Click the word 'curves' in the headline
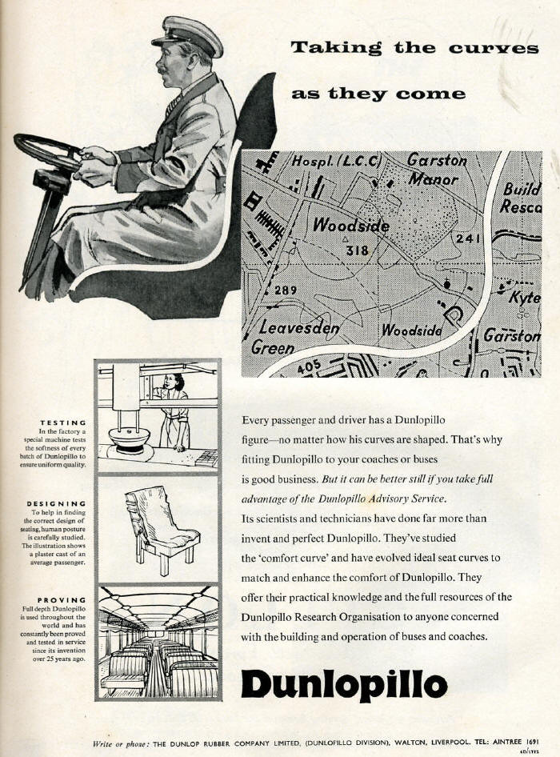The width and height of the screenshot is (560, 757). point(493,48)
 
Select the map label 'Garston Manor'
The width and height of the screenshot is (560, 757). point(436,169)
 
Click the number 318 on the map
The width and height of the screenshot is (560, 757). point(357,250)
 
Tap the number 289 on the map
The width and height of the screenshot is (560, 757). point(286,290)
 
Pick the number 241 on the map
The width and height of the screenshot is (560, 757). point(467,238)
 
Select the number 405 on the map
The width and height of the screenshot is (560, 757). point(310,367)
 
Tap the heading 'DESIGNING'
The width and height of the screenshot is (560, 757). point(58,503)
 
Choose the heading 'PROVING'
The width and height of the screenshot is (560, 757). point(62,599)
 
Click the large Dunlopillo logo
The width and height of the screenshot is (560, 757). point(344,684)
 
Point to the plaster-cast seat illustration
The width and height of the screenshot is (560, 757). point(159,529)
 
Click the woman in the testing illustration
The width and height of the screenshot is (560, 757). point(174,408)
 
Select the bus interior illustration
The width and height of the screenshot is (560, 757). point(158,643)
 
